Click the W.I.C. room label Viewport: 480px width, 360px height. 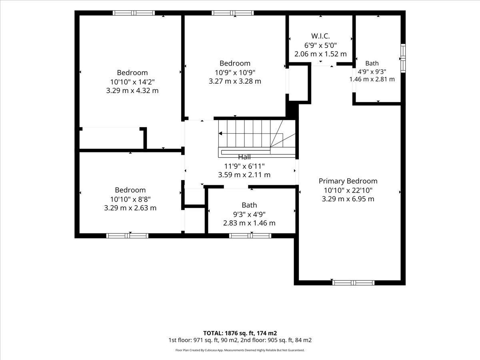(320, 36)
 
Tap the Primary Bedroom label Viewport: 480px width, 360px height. (348, 181)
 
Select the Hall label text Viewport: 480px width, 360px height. (244, 157)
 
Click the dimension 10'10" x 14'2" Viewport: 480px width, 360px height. (132, 82)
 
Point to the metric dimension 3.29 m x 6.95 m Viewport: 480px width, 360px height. (348, 199)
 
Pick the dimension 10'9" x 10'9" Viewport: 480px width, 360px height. (235, 72)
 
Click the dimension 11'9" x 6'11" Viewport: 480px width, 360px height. (244, 166)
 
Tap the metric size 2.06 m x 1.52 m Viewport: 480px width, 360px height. (320, 54)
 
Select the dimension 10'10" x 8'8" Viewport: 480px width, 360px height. (130, 199)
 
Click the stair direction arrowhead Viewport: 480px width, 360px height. (220, 133)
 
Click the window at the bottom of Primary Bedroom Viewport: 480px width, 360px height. (353, 283)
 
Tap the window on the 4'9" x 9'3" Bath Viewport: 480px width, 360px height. (403, 58)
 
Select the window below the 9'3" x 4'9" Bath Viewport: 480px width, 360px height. (250, 236)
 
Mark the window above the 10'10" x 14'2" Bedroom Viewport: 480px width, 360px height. (134, 13)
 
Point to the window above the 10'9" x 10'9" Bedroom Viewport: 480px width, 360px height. (233, 13)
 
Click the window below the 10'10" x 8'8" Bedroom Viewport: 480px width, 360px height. (127, 236)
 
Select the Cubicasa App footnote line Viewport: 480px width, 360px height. (240, 350)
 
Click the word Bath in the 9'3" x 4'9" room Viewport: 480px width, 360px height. (249, 205)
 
